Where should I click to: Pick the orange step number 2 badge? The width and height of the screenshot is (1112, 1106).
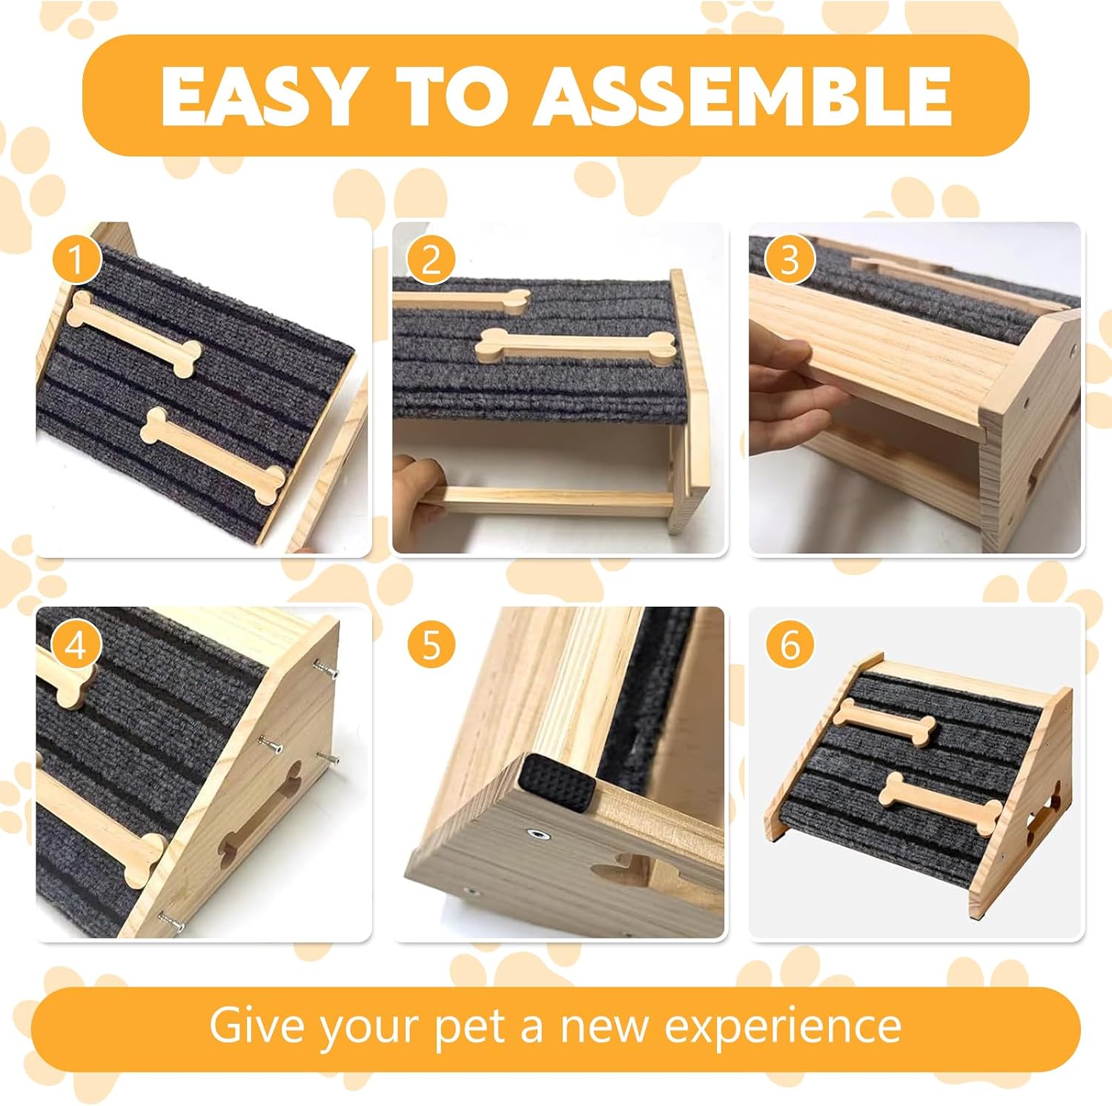tap(431, 260)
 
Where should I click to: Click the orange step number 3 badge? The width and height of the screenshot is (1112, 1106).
tap(790, 260)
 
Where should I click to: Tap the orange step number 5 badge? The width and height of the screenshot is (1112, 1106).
tap(431, 645)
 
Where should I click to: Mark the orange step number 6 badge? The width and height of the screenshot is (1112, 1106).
tap(790, 645)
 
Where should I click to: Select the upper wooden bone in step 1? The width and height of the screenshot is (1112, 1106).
tap(134, 334)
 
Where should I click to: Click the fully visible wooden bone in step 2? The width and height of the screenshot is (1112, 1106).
tap(575, 345)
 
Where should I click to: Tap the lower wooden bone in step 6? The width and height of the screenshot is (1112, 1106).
tap(939, 803)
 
